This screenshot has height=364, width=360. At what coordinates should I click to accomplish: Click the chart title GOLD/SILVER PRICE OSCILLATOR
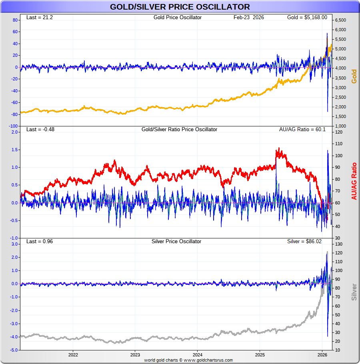point(180,7)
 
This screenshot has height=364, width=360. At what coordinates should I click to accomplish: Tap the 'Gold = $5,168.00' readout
point(307,18)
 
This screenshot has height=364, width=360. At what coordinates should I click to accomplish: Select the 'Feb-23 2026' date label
point(249,18)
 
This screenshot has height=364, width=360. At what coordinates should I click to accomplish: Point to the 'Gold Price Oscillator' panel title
point(177,18)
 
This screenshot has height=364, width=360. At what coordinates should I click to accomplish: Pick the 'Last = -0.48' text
point(40,130)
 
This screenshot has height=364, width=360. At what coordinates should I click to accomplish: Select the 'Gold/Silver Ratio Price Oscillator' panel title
point(179,130)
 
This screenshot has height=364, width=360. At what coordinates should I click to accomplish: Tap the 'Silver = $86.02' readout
point(307,242)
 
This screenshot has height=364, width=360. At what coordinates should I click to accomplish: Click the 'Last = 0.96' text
point(39,242)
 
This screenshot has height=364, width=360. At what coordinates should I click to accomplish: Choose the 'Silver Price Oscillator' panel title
point(176,242)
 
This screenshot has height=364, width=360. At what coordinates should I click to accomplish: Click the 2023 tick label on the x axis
point(135,355)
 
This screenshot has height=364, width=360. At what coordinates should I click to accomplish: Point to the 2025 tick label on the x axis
point(260,355)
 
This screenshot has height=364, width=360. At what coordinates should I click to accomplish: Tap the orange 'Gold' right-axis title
point(354,76)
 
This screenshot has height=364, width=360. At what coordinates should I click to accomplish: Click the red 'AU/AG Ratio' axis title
point(354,181)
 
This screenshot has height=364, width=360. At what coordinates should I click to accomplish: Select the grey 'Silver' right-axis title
point(354,292)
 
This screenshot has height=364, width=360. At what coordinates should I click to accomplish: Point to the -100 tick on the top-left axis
point(13,126)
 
